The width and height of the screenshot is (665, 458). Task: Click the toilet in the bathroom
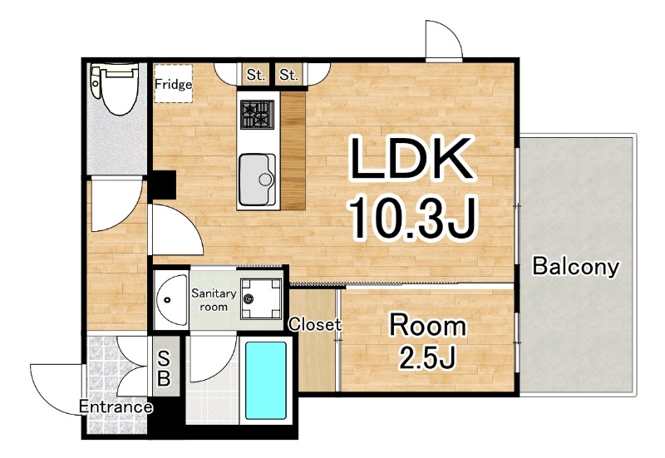pos(115,88)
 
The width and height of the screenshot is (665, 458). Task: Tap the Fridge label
pos(173,84)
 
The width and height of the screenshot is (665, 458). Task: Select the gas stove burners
pos(257,114)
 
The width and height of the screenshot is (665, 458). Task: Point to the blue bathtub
pos(266,381)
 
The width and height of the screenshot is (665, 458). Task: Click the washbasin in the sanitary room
pos(172,300)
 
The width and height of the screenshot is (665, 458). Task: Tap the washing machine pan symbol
pos(261,299)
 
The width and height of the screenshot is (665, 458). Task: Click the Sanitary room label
pos(214,299)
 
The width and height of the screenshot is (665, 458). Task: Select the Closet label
pos(315,324)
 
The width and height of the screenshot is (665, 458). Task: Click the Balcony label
pos(575,266)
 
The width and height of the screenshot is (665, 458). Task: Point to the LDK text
pos(411,158)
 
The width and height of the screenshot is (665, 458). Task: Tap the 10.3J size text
pos(412,218)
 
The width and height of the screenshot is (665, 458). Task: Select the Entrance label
pos(116,406)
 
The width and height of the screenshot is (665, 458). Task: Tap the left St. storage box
pos(256,75)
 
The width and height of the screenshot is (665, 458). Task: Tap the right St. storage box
pos(288,75)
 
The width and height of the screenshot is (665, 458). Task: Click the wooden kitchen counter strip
pos(293,150)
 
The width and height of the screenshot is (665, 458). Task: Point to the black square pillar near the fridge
pos(164,185)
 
